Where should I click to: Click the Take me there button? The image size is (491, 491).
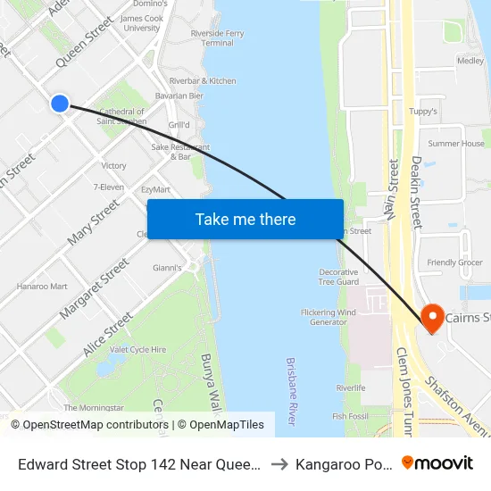pos(245,219)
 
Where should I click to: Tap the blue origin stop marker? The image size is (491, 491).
pos(60,104)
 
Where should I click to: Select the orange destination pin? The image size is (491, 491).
pos(432,317)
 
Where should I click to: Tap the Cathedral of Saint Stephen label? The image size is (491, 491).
pos(121,116)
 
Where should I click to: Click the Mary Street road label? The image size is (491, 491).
pos(93,223)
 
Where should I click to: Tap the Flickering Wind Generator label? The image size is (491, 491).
pos(329,317)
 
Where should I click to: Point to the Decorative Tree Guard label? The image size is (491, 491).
pos(338,277)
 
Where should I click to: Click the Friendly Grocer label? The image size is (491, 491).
pos(454,262)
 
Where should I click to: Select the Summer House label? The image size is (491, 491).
pos(456,143)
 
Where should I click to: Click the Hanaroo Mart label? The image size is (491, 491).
pos(42,287)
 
